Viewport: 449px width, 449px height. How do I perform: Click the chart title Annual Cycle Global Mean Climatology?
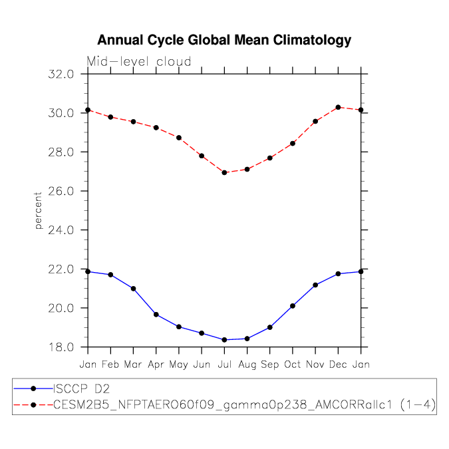click(x=224, y=41)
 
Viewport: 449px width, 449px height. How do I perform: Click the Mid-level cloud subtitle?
click(x=139, y=62)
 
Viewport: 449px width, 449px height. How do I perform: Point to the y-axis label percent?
click(x=39, y=210)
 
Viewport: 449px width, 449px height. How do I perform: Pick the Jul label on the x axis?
click(x=224, y=365)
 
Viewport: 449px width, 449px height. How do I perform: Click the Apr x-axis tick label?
click(x=156, y=365)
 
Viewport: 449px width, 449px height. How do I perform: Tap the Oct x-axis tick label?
click(x=293, y=365)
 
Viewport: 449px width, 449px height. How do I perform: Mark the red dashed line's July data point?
click(x=224, y=172)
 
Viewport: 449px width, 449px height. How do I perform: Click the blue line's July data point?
click(x=224, y=340)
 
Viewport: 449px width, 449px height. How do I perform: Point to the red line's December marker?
click(x=338, y=107)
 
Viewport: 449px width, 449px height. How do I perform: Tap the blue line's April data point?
click(x=156, y=315)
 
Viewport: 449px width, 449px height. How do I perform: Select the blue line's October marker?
click(x=293, y=306)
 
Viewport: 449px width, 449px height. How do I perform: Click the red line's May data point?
click(x=179, y=138)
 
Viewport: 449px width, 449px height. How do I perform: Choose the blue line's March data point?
click(x=133, y=289)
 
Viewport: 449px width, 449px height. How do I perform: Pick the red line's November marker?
click(x=315, y=121)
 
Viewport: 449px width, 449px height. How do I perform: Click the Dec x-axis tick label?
click(x=338, y=365)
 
